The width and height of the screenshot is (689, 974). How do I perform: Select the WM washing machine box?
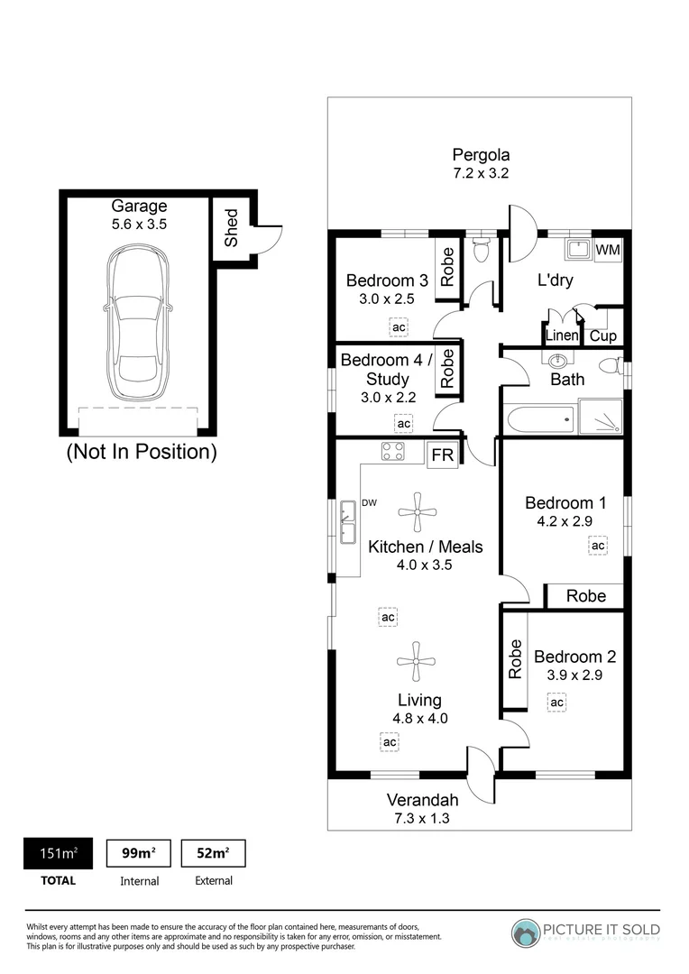point(608,250)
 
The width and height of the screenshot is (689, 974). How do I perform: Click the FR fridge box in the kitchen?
point(442,455)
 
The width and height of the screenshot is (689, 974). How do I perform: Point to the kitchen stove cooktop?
point(392,451)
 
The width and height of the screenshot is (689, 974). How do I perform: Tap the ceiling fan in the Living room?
point(417,661)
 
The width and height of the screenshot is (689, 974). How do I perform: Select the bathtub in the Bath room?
point(539,419)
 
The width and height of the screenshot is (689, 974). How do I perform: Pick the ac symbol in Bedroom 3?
point(398,326)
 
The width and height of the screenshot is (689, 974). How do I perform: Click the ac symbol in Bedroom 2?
point(556,702)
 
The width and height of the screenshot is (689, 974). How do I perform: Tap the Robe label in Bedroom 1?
point(584,595)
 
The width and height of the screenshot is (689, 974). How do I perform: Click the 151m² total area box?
point(57,853)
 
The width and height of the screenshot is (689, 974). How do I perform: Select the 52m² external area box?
point(213,853)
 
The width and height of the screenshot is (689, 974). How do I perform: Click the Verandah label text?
point(422,800)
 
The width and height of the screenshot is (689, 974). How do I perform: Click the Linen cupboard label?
point(562,336)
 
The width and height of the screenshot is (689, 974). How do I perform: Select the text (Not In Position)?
point(142,452)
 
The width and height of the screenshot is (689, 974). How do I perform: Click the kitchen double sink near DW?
point(346,524)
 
